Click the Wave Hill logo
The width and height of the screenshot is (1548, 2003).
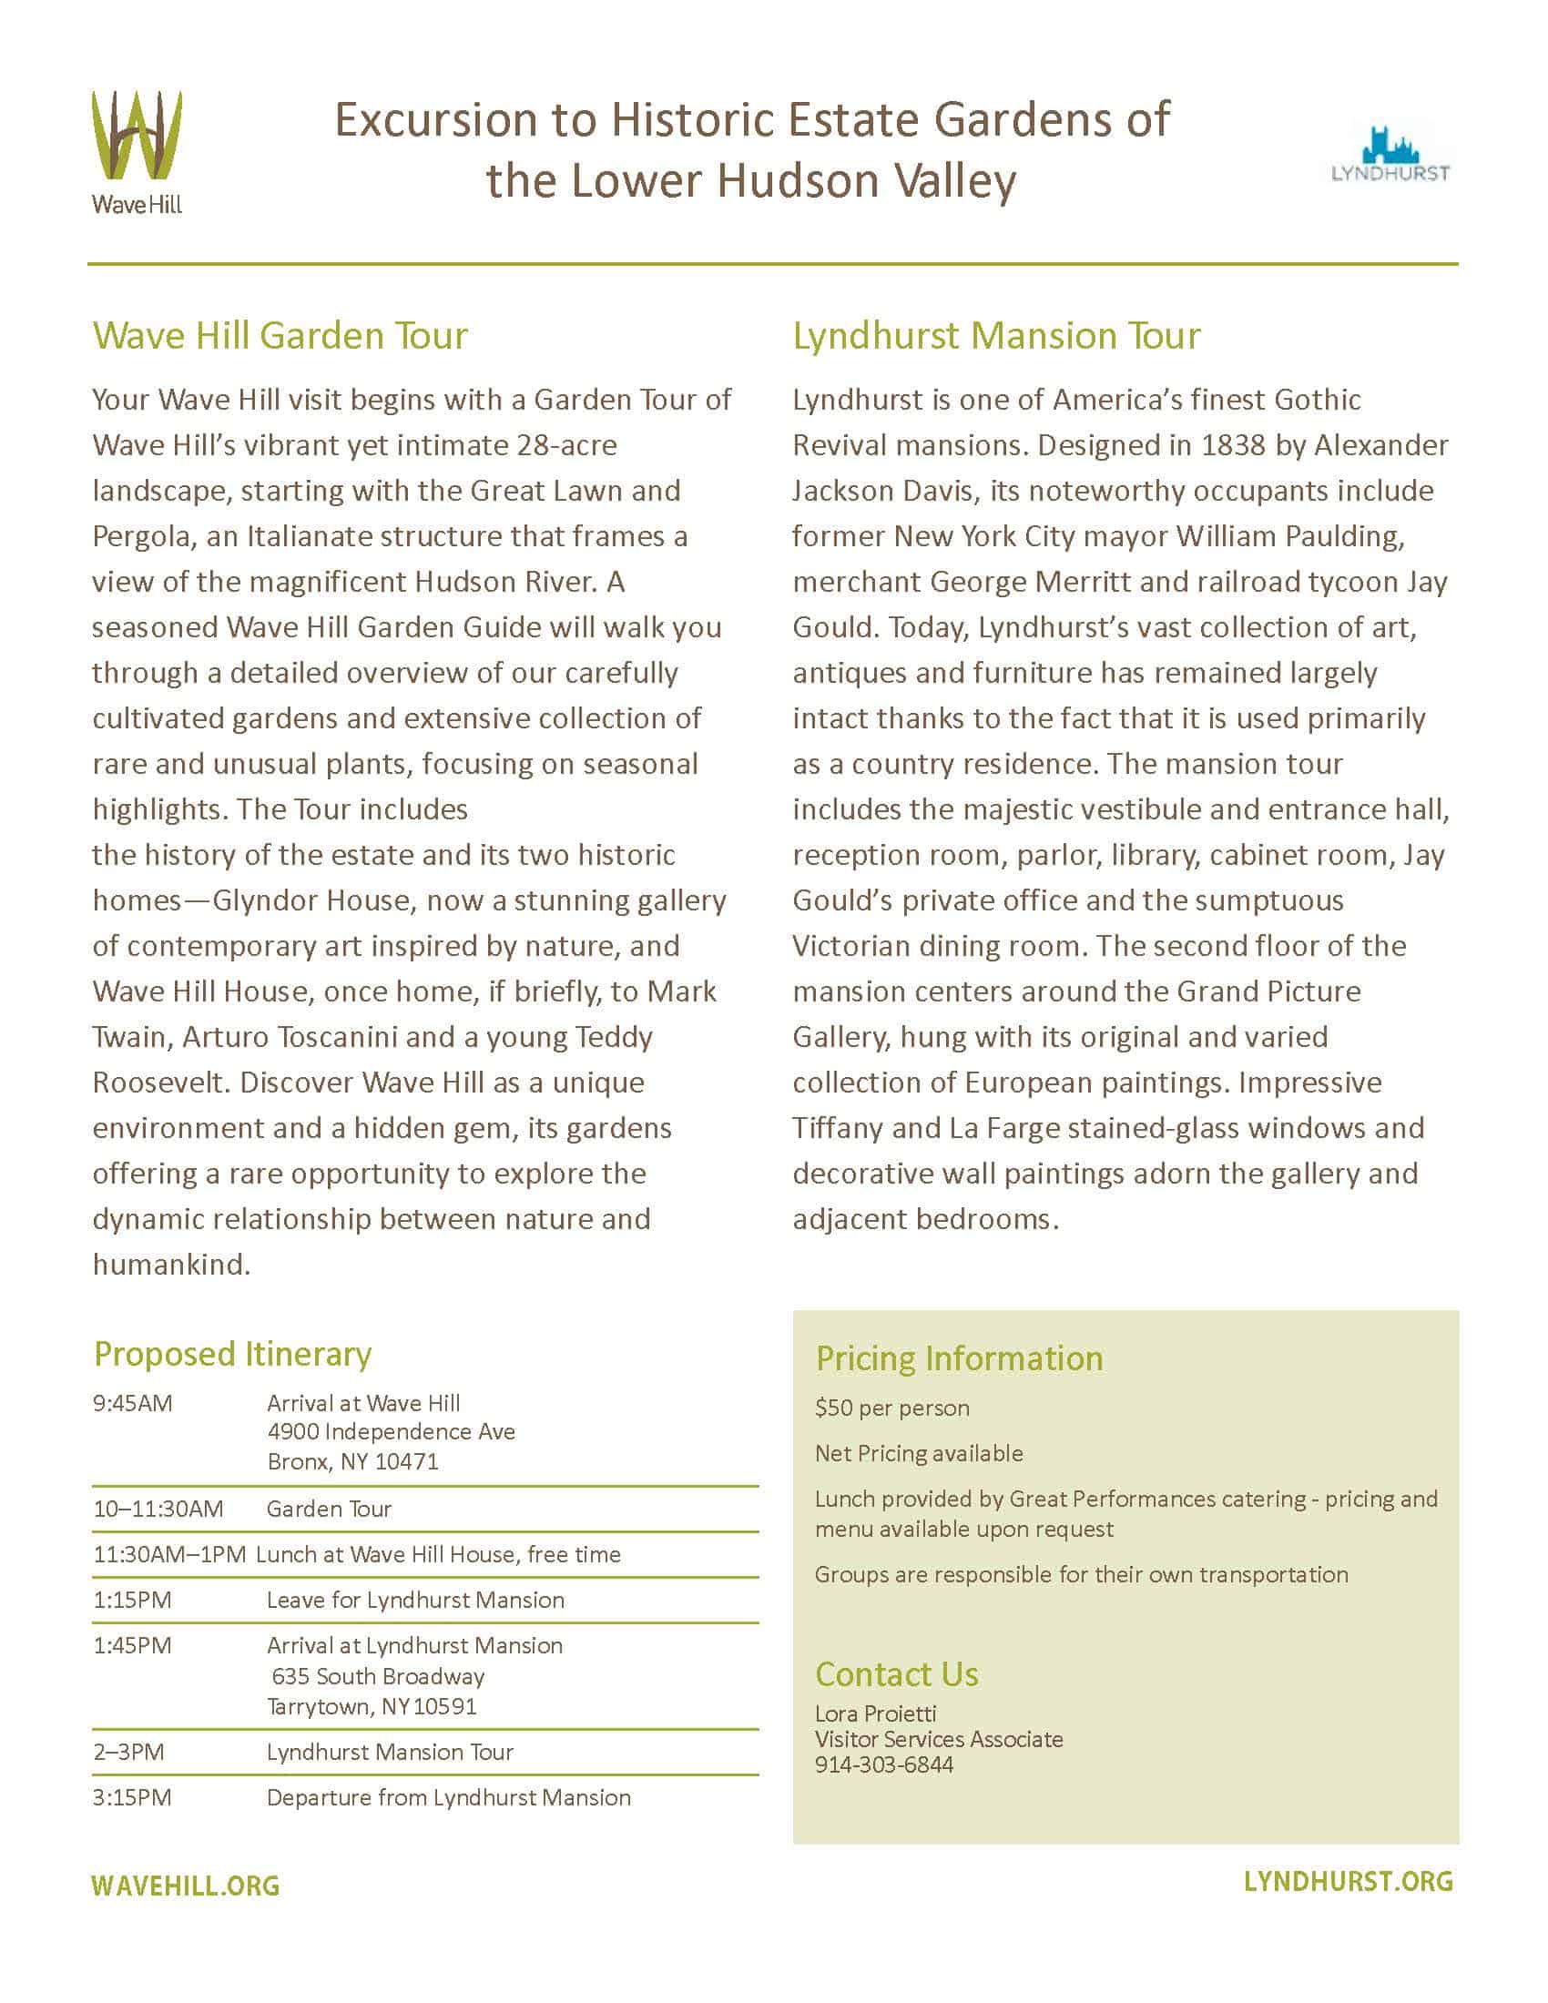(x=137, y=150)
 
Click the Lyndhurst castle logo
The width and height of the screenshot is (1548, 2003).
(x=1390, y=154)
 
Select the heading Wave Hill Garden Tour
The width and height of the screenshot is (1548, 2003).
(x=280, y=336)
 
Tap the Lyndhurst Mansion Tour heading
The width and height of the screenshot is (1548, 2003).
(x=996, y=336)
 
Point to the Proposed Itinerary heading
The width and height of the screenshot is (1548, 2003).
(x=232, y=1354)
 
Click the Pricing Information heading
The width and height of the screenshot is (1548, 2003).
(x=958, y=1358)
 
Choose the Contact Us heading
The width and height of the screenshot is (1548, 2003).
(x=896, y=1674)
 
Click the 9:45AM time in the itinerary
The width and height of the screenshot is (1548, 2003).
(x=132, y=1403)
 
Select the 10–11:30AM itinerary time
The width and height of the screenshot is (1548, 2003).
(x=158, y=1509)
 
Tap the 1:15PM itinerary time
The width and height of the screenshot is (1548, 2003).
(x=132, y=1601)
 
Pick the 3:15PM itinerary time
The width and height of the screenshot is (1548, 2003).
(x=132, y=1797)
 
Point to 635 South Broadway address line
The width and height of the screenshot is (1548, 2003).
(x=378, y=1676)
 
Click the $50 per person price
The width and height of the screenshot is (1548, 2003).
(x=891, y=1408)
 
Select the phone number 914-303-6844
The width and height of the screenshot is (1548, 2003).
(x=884, y=1764)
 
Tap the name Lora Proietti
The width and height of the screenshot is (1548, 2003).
(x=875, y=1713)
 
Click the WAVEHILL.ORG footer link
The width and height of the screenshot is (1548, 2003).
(x=185, y=1886)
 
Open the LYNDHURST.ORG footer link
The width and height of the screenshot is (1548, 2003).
(x=1348, y=1882)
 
